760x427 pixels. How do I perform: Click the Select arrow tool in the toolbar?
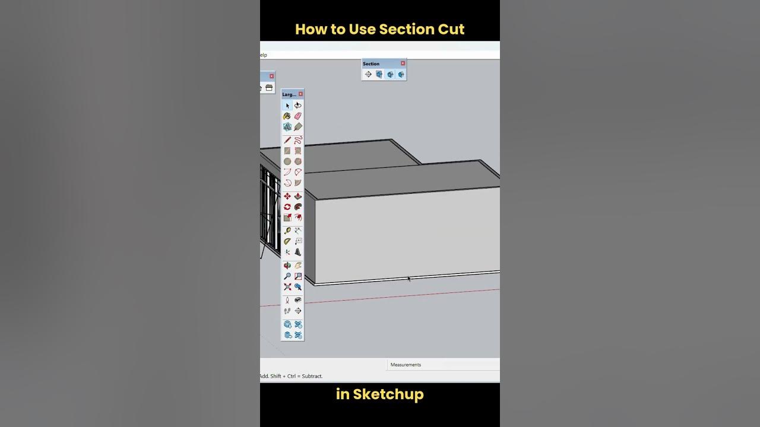coord(287,106)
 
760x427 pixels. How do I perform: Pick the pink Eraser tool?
coord(298,116)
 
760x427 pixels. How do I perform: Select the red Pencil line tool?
coord(287,140)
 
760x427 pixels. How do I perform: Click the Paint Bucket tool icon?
coord(287,116)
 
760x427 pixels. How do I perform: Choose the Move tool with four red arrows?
coord(287,196)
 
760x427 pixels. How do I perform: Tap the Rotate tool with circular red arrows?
coord(287,207)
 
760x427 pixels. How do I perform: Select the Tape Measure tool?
coord(287,231)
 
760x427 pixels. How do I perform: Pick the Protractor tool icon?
coord(287,241)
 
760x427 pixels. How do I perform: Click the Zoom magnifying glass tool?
coord(287,276)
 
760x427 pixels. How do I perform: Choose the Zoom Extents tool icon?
coord(287,287)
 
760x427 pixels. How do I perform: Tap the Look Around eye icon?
coord(298,300)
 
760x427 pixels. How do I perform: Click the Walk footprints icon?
coord(287,311)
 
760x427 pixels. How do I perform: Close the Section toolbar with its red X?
coord(403,63)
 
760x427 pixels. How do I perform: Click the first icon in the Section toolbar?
coord(368,74)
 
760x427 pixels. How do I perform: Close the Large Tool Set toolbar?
coord(300,94)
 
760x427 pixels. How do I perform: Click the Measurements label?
coord(406,365)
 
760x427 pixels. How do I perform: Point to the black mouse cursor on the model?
coord(409,278)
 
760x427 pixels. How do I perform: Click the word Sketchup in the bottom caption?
coord(388,394)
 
